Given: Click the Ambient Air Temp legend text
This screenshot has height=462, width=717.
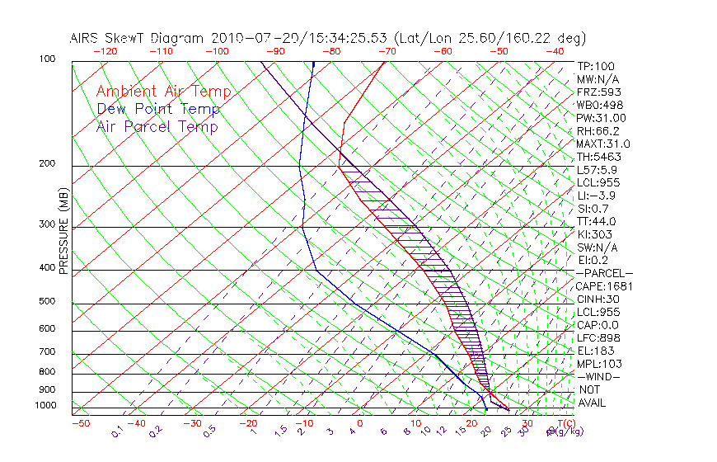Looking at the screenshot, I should click(163, 92).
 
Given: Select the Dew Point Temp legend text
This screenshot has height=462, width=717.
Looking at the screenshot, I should click(157, 109).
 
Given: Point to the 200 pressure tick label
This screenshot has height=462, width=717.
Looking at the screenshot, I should click(48, 164).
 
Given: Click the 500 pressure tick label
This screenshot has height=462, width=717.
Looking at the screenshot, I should click(48, 302).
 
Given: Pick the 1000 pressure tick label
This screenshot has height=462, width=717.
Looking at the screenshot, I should click(45, 406).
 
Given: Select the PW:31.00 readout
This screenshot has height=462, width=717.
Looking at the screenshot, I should click(601, 118).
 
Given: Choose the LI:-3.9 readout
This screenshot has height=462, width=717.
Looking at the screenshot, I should click(597, 196).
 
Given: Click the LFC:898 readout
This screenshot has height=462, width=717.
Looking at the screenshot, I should click(597, 337).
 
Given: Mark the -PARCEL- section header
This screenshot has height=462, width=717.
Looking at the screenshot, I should click(604, 273).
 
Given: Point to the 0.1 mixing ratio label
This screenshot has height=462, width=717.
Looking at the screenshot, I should click(118, 431).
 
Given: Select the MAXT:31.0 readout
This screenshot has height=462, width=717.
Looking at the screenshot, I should click(604, 144).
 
